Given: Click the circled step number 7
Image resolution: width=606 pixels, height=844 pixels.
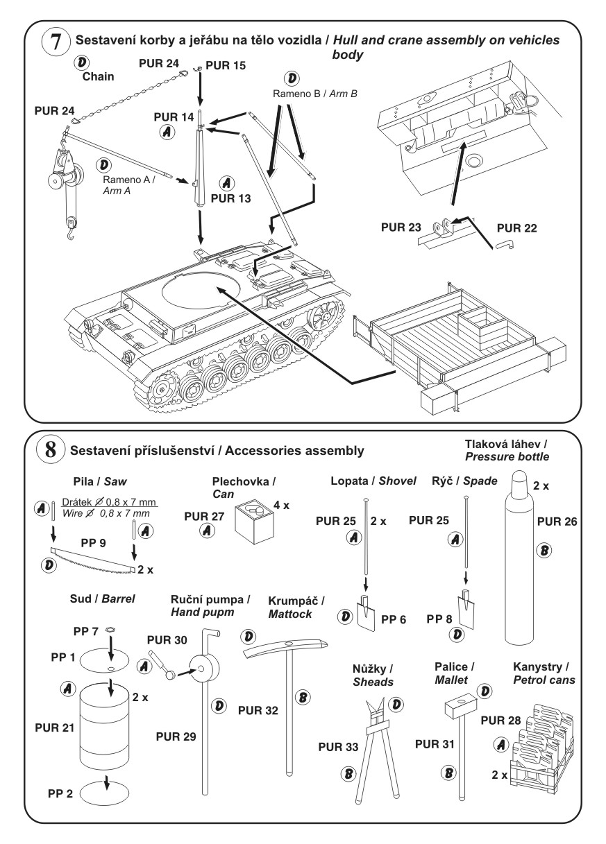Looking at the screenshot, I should (x=55, y=42).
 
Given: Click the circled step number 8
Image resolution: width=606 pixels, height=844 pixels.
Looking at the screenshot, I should (x=50, y=450).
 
